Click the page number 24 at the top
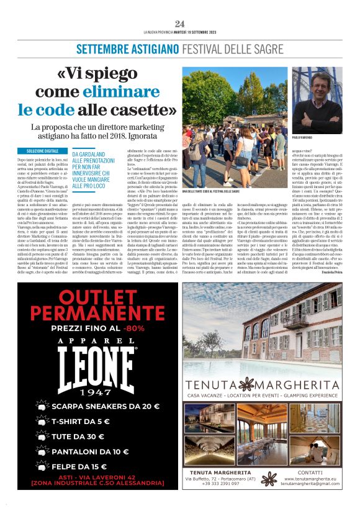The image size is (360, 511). coord(180,24)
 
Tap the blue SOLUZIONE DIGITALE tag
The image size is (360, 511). coord(43,151)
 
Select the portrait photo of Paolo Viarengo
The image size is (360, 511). coord(317,100)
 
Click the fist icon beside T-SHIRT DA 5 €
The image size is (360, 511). coord(39,422)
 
